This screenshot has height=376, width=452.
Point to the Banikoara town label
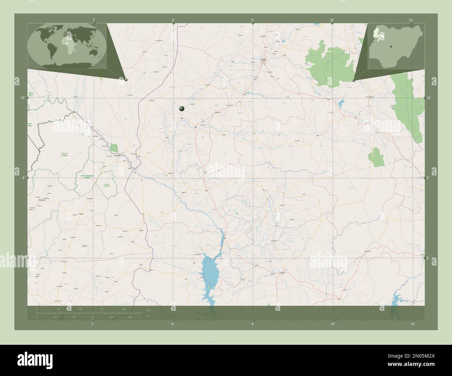pyautogui.click(x=41, y=200)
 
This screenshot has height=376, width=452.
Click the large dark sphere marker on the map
pyautogui.click(x=181, y=109)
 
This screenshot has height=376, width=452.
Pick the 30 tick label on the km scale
pyautogui.click(x=58, y=309)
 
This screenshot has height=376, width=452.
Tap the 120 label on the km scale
pyautogui.click(x=123, y=309)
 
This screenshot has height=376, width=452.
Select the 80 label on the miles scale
pyautogui.click(x=129, y=317)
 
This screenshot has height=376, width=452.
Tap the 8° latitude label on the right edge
pyautogui.click(x=428, y=258)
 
